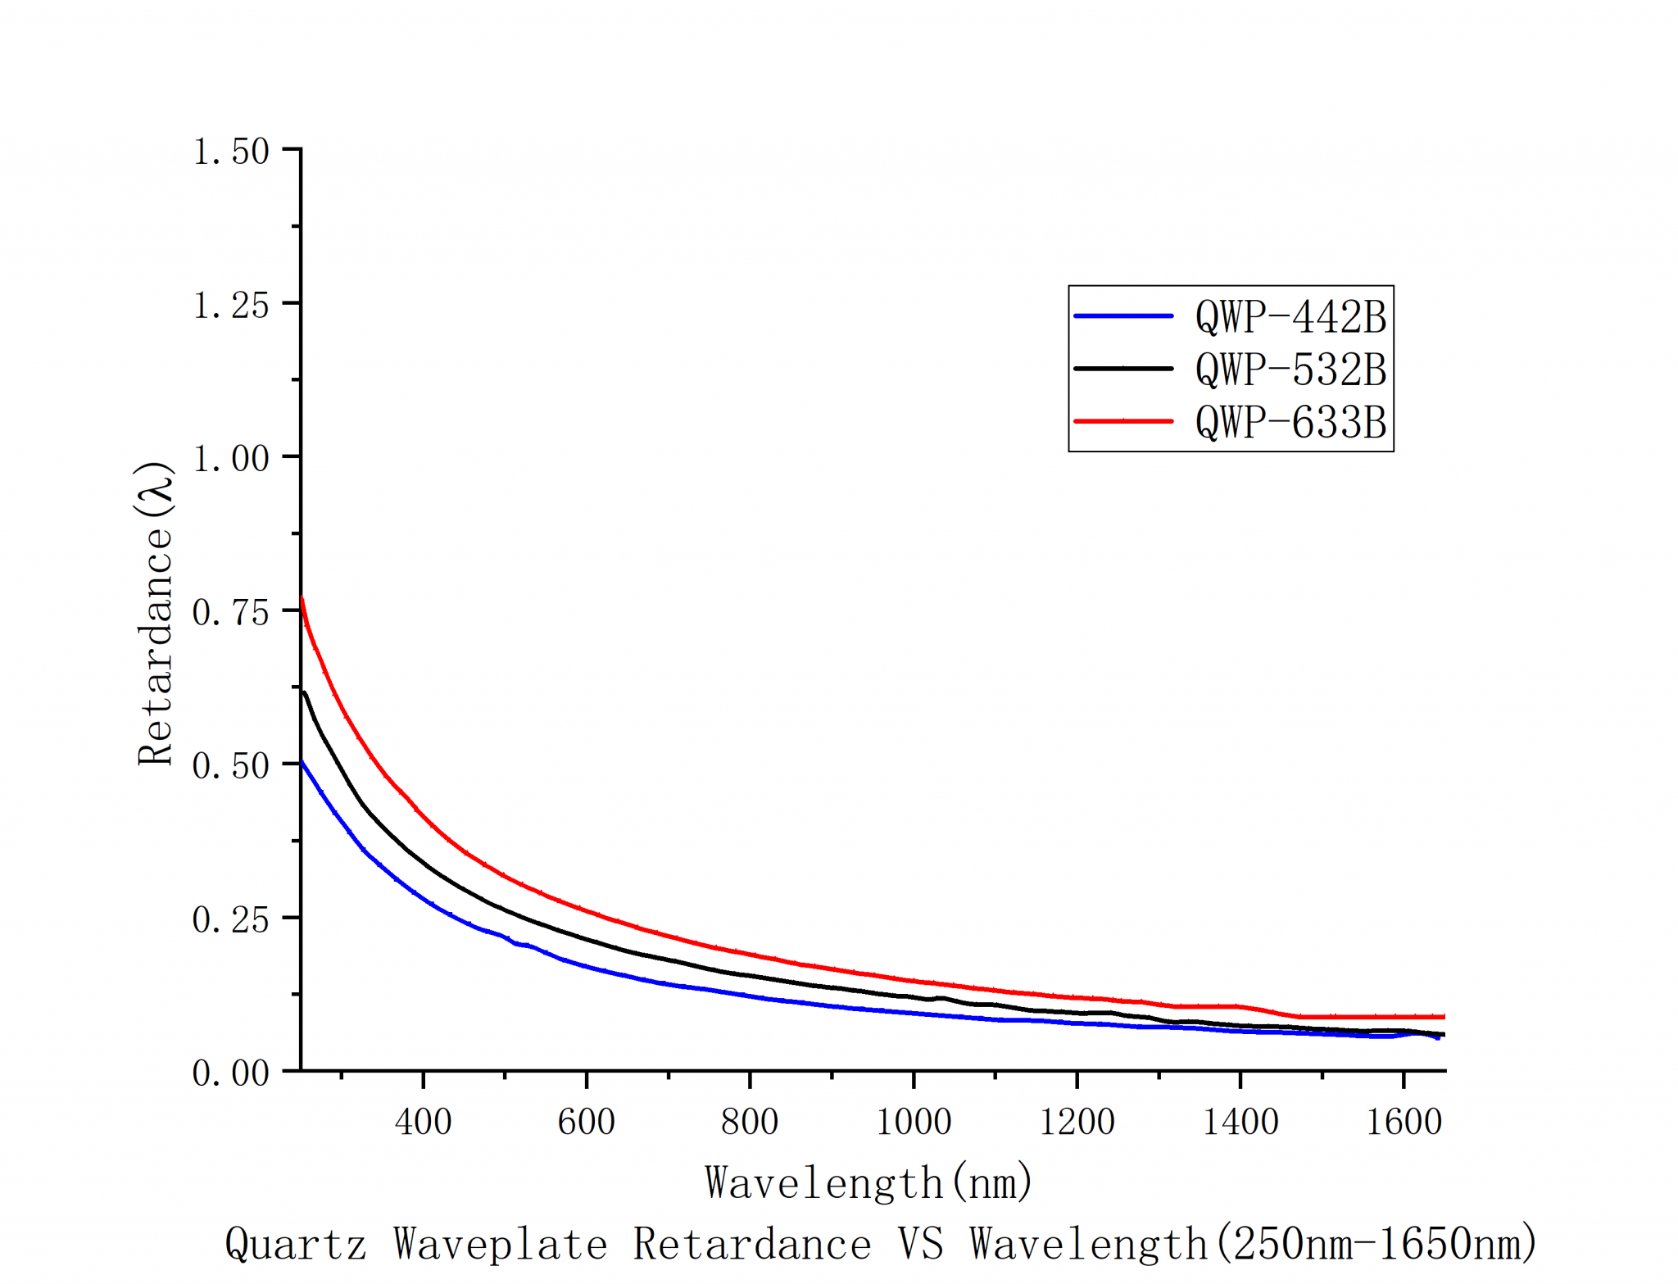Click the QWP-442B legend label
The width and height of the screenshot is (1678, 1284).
[1290, 316]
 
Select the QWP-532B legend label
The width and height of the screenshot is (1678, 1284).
[1290, 369]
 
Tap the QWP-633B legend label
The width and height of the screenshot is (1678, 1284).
[1290, 422]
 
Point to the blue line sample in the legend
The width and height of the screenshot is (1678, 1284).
[1123, 315]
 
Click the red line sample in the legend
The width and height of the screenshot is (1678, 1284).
[1123, 421]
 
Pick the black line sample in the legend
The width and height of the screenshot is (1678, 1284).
[1123, 369]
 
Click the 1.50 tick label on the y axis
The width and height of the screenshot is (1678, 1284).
[230, 152]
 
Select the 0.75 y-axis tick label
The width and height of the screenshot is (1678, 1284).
[230, 612]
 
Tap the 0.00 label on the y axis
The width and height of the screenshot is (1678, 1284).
[230, 1073]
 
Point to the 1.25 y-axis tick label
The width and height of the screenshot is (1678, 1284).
[230, 306]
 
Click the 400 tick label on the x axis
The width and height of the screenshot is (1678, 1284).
[423, 1121]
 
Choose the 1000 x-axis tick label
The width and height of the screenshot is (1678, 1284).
[914, 1121]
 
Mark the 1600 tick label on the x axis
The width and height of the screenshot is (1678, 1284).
[1404, 1121]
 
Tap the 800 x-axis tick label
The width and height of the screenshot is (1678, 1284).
[750, 1121]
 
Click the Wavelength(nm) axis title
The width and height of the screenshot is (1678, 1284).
[868, 1182]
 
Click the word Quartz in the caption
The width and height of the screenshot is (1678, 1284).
[295, 1244]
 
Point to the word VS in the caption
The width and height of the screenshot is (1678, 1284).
[921, 1243]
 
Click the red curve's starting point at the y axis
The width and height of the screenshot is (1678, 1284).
[302, 600]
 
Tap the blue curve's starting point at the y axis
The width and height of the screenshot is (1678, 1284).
[302, 763]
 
